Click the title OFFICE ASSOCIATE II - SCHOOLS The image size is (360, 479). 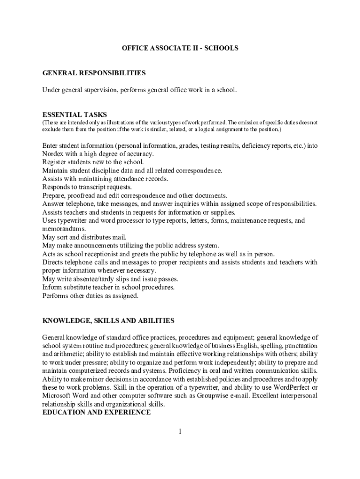coord(180,48)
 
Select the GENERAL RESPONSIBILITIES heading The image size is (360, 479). coord(94,73)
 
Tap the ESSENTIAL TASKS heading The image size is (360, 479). coord(74,115)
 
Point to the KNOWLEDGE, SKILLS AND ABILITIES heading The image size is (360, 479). coord(108,320)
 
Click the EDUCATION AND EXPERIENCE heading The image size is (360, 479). coord(96,413)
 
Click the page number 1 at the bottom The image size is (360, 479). coord(180,431)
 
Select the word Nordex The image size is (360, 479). coord(53,154)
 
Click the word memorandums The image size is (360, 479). coord(64,229)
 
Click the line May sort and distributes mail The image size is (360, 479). coord(84,237)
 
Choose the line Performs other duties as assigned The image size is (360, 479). coord(90,296)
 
